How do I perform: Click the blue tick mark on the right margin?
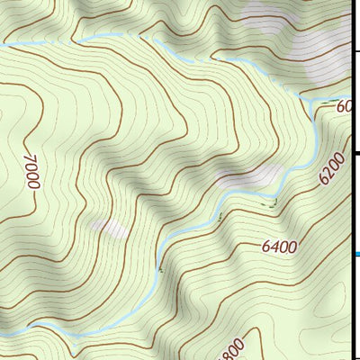[355, 254]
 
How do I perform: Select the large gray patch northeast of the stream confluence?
[324, 63]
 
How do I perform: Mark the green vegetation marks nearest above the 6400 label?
[265, 203]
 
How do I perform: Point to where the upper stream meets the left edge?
[2, 43]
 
